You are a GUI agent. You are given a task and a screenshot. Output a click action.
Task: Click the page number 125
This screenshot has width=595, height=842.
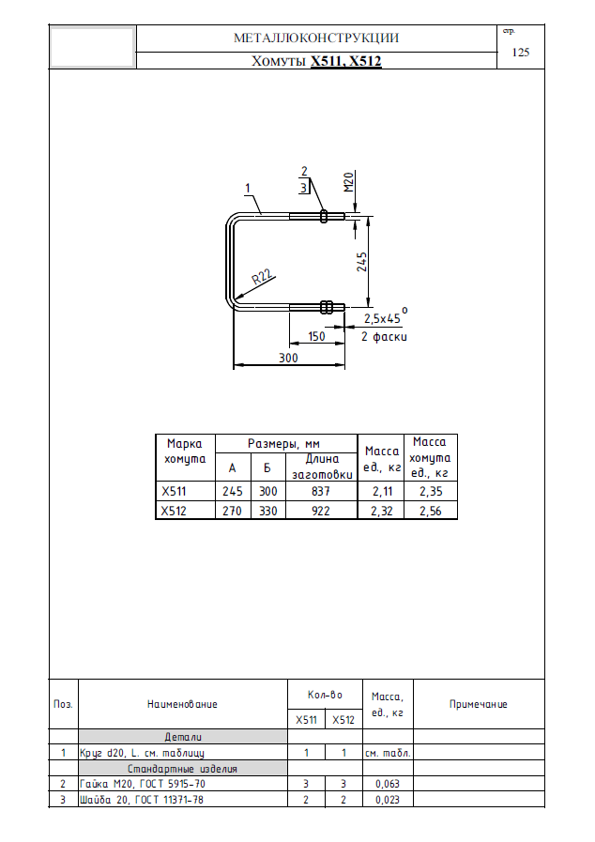coord(520,52)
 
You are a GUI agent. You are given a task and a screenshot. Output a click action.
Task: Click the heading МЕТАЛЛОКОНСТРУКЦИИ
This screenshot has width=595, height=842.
coord(316,38)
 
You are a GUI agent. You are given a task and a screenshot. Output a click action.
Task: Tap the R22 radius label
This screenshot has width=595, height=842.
coord(263,278)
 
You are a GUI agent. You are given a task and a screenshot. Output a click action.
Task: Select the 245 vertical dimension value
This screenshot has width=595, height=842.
coord(362,262)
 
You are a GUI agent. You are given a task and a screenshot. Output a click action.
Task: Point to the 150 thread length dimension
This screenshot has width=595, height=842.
coord(316,336)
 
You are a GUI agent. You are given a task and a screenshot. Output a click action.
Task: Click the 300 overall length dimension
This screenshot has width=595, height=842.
coord(288,358)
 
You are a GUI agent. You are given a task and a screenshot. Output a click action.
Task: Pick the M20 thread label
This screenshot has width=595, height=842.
coord(349,182)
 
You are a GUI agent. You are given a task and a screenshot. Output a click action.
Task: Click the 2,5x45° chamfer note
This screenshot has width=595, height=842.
coord(386,317)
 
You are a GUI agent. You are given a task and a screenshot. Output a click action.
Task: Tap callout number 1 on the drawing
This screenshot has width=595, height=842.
coord(248,188)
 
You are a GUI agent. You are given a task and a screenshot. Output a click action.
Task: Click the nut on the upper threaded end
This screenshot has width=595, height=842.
coord(324,216)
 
